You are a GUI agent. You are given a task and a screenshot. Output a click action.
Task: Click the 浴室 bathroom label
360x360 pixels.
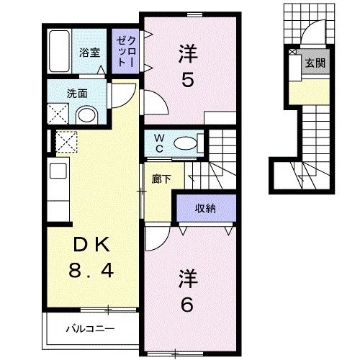[x=89, y=52]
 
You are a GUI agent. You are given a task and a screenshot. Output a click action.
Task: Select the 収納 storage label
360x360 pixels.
[x=206, y=209]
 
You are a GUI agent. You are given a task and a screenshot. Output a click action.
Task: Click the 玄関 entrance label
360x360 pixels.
[x=315, y=63]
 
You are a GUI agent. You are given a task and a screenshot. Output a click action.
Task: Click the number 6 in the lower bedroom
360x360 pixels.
[x=187, y=305]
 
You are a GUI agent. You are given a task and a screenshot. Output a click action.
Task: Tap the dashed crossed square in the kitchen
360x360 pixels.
[x=67, y=143]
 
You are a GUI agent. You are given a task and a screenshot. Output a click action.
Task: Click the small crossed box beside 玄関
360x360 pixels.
[x=292, y=52]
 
